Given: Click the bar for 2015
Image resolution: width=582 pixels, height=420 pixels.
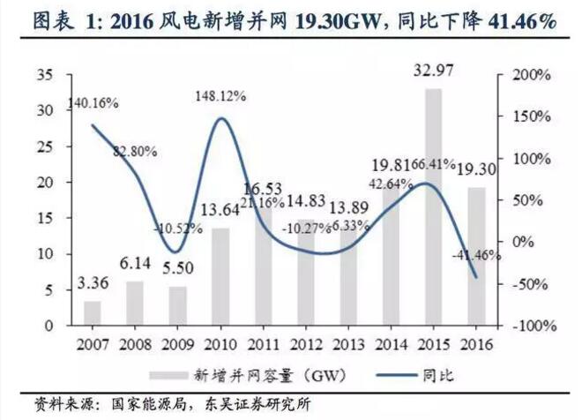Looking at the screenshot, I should coord(433,207).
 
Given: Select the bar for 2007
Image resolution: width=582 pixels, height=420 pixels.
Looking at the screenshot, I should coord(93,312).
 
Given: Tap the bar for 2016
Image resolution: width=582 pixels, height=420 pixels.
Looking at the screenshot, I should coord(476,256).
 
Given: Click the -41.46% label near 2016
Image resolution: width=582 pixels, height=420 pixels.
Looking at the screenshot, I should coord(480,255).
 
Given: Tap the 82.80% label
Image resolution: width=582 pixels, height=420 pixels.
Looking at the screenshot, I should coord(134,151).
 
